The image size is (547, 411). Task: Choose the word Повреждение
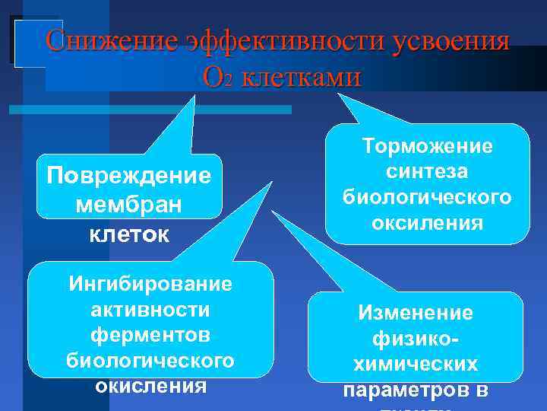tap(128, 176)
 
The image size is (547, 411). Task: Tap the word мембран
tap(128, 205)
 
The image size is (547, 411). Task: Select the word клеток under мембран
tap(128, 234)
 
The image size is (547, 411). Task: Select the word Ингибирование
tap(150, 284)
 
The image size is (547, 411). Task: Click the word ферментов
tap(150, 334)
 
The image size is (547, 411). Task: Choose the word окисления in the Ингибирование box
tap(150, 385)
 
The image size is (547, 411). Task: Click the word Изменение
tap(416, 313)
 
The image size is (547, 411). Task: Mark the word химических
tap(416, 364)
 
